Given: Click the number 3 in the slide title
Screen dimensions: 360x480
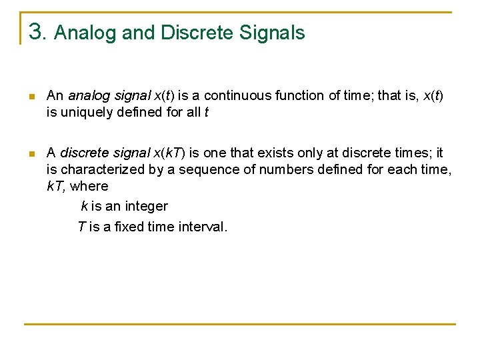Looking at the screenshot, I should coord(36,31).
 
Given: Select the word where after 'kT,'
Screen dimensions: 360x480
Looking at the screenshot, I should coord(89,186).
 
